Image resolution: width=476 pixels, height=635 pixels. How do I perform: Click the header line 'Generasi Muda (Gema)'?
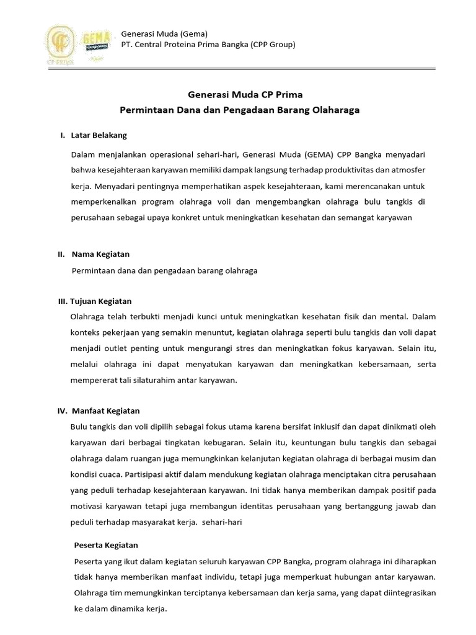point(164,33)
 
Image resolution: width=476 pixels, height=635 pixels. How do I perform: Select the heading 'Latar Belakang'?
point(99,135)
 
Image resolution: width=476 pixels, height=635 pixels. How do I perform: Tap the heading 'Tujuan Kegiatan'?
point(101,301)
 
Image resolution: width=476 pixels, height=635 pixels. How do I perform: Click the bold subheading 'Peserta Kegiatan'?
point(106,545)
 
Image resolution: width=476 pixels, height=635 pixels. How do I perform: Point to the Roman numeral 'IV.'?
point(62,411)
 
